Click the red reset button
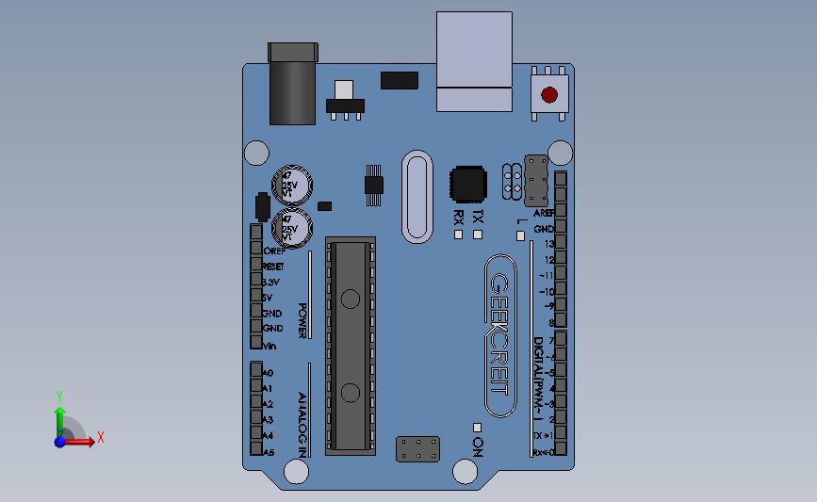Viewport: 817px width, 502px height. pos(549,94)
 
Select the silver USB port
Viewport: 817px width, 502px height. pos(474,61)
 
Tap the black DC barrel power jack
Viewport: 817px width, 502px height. pos(292,85)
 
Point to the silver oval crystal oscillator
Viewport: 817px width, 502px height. pos(416,196)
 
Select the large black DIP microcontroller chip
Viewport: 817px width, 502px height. pos(351,346)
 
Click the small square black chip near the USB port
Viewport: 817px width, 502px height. pos(468,185)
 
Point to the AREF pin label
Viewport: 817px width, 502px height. pos(543,213)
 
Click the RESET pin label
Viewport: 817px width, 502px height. pos(273,267)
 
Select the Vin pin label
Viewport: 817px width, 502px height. pos(270,346)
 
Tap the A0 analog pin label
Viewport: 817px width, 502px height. pos(268,373)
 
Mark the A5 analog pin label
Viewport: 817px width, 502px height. pos(268,452)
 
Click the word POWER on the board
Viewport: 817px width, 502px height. pos(302,320)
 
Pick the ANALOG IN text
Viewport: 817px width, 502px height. pos(302,425)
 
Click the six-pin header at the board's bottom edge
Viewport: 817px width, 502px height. pos(417,449)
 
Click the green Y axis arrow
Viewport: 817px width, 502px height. pos(59,415)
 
